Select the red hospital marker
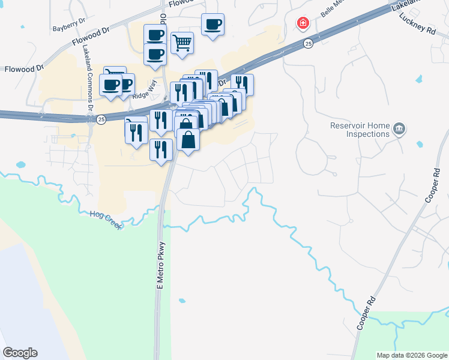(x=304, y=23)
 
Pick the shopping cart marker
(x=182, y=43)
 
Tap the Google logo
(x=20, y=353)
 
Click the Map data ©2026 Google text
(x=412, y=355)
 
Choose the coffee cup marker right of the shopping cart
(x=212, y=25)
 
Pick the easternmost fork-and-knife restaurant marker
(x=242, y=84)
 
